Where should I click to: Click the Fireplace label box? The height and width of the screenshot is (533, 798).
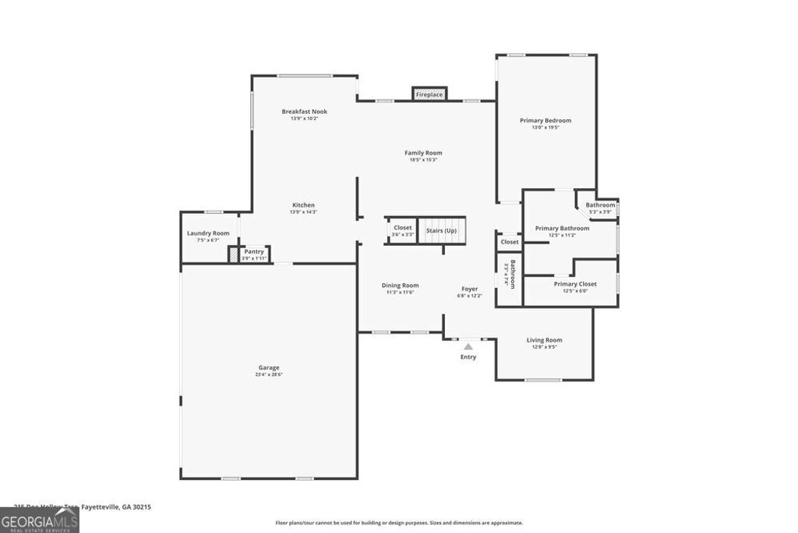[429, 94]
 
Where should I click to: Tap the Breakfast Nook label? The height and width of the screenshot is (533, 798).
[304, 112]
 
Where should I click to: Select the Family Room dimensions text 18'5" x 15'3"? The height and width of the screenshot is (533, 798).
[422, 160]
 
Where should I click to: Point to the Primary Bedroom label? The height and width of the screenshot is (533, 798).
[546, 120]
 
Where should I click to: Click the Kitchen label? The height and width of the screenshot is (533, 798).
[303, 205]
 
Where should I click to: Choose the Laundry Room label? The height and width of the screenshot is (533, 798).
[208, 233]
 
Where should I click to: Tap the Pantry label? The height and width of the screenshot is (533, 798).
[254, 251]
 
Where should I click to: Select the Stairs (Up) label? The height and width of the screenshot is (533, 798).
[441, 230]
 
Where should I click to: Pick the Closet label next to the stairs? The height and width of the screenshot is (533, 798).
[402, 228]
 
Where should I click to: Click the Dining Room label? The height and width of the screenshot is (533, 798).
[400, 286]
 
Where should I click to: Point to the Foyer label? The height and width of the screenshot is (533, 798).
[469, 289]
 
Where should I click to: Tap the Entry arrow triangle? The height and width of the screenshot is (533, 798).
[468, 346]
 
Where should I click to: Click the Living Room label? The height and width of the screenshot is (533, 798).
[544, 340]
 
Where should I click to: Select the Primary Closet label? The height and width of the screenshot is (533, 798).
[575, 284]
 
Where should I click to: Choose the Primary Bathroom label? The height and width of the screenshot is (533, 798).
[562, 229]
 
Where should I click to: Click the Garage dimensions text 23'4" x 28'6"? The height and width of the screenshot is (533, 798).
[269, 375]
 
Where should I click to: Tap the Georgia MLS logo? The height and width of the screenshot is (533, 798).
[39, 520]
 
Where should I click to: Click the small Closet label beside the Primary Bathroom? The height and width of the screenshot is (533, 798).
[510, 242]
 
